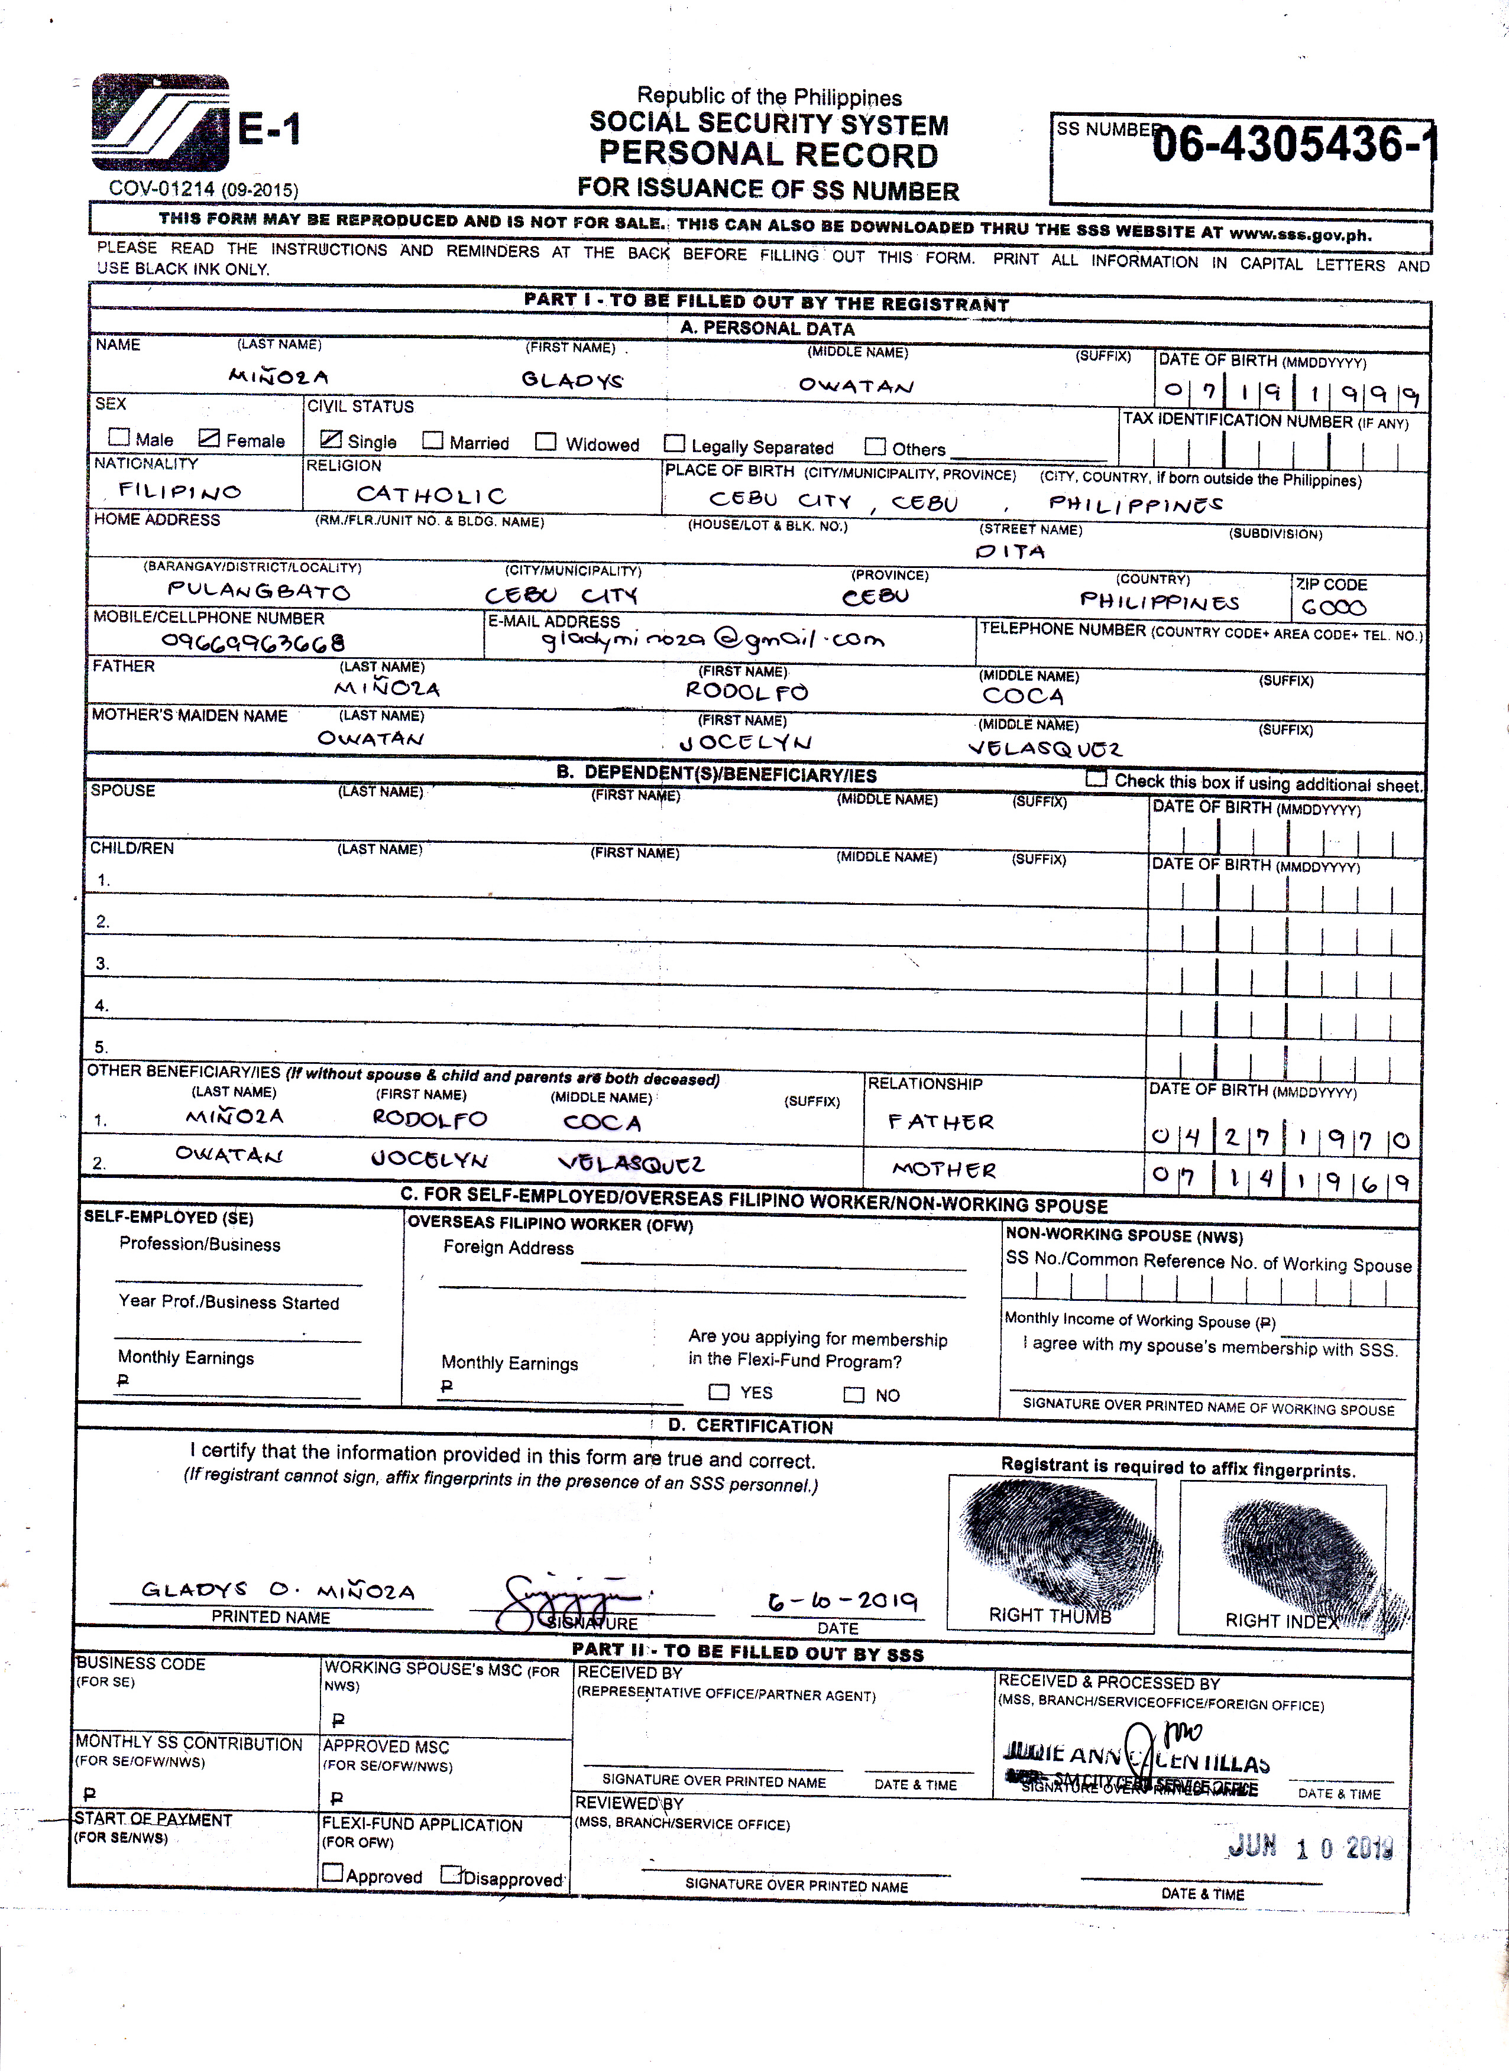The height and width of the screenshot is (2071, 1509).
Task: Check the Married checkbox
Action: (433, 441)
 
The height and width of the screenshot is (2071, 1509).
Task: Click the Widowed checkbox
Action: (545, 442)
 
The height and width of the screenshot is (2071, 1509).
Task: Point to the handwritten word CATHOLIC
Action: (430, 495)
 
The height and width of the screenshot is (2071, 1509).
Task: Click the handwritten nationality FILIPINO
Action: (180, 491)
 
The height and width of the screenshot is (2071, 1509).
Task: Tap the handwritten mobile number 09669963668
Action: (253, 641)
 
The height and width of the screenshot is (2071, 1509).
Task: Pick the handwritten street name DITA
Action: (1011, 551)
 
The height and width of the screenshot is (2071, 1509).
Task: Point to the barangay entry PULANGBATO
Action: (258, 592)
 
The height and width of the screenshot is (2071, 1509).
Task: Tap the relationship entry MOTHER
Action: (944, 1169)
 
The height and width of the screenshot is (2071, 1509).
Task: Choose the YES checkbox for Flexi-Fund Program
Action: (720, 1392)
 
